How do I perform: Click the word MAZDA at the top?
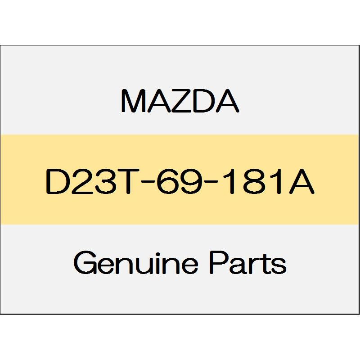click(x=180, y=101)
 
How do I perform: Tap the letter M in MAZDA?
click(x=133, y=101)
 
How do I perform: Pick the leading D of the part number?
click(x=57, y=182)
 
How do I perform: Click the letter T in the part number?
click(x=124, y=182)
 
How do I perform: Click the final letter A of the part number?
click(x=301, y=182)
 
